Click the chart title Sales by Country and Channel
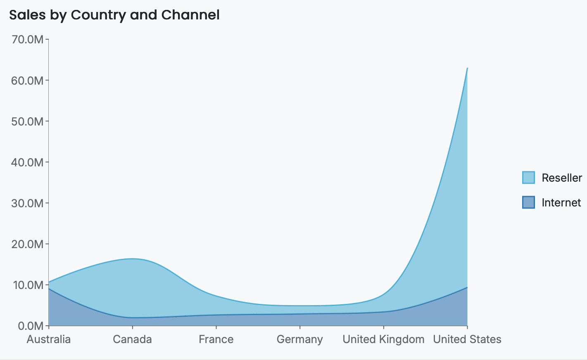[x=114, y=15]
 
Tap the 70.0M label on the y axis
[x=27, y=40]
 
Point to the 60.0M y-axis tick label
[x=27, y=81]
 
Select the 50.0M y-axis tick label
[x=27, y=121]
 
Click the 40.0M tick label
[x=27, y=162]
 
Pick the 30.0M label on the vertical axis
[x=27, y=203]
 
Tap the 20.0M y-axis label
[x=27, y=244]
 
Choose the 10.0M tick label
[x=27, y=285]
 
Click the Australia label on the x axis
[x=49, y=339]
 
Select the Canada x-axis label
[x=132, y=339]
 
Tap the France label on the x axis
[x=216, y=339]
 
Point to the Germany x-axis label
[x=300, y=339]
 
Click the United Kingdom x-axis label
[x=383, y=339]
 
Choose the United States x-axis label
[x=467, y=339]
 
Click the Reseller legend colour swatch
[x=528, y=178]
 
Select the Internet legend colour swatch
[x=528, y=202]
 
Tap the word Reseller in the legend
[x=562, y=178]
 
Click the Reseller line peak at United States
[x=467, y=69]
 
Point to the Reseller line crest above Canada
[x=132, y=259]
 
